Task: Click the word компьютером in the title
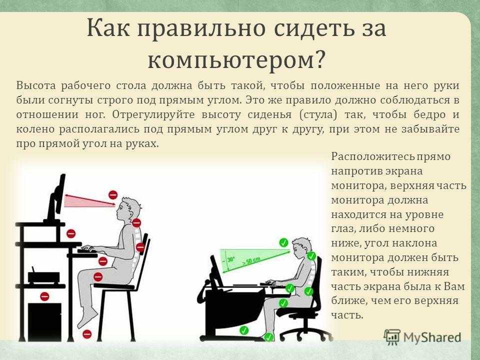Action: pyautogui.click(x=231, y=59)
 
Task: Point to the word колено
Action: pyautogui.click(x=34, y=129)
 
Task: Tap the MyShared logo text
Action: pyautogui.click(x=432, y=337)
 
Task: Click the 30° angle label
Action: pyautogui.click(x=231, y=260)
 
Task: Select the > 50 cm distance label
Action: pyautogui.click(x=250, y=261)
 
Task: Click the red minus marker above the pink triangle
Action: pyautogui.click(x=113, y=194)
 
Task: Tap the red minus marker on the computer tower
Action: pyautogui.click(x=44, y=296)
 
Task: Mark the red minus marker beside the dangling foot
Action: pyautogui.click(x=87, y=333)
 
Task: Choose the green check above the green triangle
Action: pyautogui.click(x=284, y=242)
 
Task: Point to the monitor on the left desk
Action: pyautogui.click(x=57, y=197)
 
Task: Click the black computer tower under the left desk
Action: pyautogui.click(x=44, y=321)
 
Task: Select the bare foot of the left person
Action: pyautogui.click(x=86, y=318)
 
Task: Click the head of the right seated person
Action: pyautogui.click(x=301, y=246)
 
